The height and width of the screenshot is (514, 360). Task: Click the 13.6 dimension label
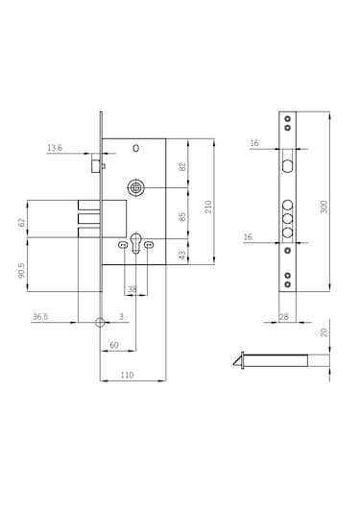click(55, 148)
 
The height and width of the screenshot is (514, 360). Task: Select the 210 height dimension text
click(208, 207)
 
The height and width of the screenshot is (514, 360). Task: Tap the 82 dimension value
click(182, 166)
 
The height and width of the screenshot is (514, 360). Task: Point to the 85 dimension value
click(182, 217)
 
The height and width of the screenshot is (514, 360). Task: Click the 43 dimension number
click(182, 255)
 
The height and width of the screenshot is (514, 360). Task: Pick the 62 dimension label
click(22, 222)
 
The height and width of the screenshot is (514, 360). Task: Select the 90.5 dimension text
click(22, 270)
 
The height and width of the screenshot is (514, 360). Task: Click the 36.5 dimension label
click(40, 317)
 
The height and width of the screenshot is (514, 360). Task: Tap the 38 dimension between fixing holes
click(132, 289)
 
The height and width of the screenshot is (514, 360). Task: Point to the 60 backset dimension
click(114, 345)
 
